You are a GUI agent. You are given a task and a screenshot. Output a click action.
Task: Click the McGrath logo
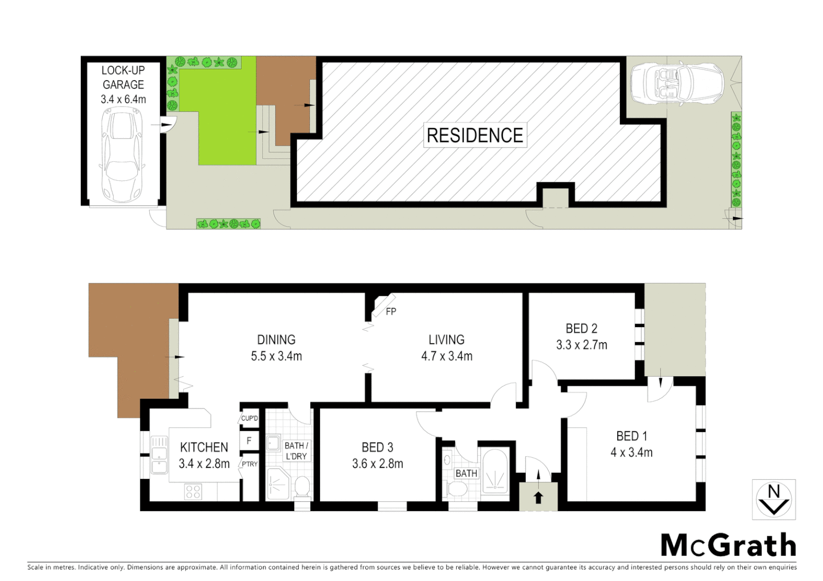click(728, 545)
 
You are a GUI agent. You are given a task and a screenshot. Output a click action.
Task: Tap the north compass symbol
click(773, 500)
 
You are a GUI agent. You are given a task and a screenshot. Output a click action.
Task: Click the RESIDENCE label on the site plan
click(475, 135)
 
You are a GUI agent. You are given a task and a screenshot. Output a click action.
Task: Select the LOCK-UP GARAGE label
click(123, 77)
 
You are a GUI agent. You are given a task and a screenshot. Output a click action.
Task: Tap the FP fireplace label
click(391, 311)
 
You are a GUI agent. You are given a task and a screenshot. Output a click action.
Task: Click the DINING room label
click(276, 340)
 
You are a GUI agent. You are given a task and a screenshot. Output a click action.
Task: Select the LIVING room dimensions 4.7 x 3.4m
click(447, 356)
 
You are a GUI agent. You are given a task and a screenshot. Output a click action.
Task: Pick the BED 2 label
click(581, 329)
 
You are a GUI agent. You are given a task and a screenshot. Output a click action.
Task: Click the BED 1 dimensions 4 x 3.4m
click(631, 453)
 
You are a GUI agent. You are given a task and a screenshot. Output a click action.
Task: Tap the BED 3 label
click(377, 448)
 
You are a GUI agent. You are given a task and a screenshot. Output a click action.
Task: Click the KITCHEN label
click(204, 448)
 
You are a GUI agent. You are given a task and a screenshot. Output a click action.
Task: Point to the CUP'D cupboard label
click(249, 419)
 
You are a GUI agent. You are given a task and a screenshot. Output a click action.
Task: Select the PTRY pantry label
click(249, 464)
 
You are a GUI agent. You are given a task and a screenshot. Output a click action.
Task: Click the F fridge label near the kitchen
click(249, 441)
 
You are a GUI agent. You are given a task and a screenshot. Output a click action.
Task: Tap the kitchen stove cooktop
click(193, 492)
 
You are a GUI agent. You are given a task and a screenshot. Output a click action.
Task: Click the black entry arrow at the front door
click(538, 498)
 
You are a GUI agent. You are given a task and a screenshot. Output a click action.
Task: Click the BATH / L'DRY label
click(296, 451)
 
